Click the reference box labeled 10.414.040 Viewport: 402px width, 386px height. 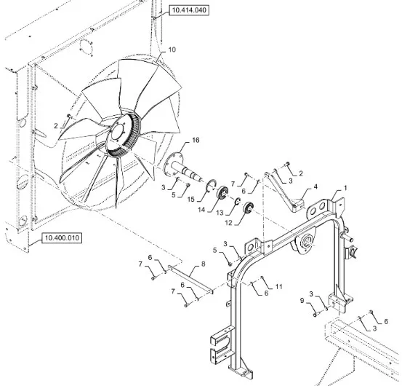(x=189, y=10)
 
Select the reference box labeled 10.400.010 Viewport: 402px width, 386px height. (x=62, y=238)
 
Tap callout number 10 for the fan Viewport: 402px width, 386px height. (x=172, y=50)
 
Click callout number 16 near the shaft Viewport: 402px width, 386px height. (x=196, y=141)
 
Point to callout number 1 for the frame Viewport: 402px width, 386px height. (x=345, y=188)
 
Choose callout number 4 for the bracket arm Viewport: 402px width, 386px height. (x=315, y=186)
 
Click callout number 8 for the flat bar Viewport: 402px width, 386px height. (x=204, y=264)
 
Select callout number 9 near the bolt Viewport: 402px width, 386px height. (x=302, y=300)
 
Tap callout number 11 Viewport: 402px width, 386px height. (x=278, y=286)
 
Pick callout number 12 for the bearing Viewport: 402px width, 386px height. (x=228, y=223)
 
